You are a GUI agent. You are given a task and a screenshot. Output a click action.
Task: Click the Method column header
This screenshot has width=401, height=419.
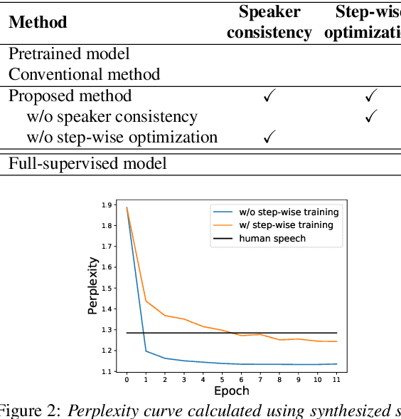click(x=38, y=22)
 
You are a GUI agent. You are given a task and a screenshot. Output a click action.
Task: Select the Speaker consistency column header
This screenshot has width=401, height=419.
click(x=269, y=22)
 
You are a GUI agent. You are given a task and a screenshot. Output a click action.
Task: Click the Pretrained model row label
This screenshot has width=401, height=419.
click(x=69, y=53)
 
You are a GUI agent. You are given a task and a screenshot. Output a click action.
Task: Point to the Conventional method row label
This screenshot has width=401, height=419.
click(x=84, y=74)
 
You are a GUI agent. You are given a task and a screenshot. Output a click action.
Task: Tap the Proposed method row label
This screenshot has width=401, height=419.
click(x=70, y=95)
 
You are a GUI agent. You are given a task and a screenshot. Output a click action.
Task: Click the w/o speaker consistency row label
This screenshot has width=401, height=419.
click(x=112, y=116)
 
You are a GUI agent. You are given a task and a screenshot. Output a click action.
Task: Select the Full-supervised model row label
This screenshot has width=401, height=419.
click(x=87, y=163)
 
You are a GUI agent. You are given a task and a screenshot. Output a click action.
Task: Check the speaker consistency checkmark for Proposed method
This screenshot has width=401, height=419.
click(x=269, y=96)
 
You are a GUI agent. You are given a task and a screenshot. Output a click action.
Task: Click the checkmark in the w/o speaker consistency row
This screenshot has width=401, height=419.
click(x=370, y=117)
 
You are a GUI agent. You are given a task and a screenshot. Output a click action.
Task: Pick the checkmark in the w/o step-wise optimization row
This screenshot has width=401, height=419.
click(x=269, y=138)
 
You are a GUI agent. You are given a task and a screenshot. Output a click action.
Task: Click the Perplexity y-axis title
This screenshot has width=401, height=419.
click(x=92, y=286)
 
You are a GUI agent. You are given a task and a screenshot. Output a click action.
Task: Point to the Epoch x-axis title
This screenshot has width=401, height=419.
click(x=231, y=390)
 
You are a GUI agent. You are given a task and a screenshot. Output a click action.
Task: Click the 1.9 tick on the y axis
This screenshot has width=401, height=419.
click(x=107, y=205)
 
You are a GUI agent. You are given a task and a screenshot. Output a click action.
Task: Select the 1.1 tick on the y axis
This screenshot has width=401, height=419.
click(x=107, y=371)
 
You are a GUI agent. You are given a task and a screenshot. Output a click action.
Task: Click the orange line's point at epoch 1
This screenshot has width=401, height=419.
click(x=145, y=301)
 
